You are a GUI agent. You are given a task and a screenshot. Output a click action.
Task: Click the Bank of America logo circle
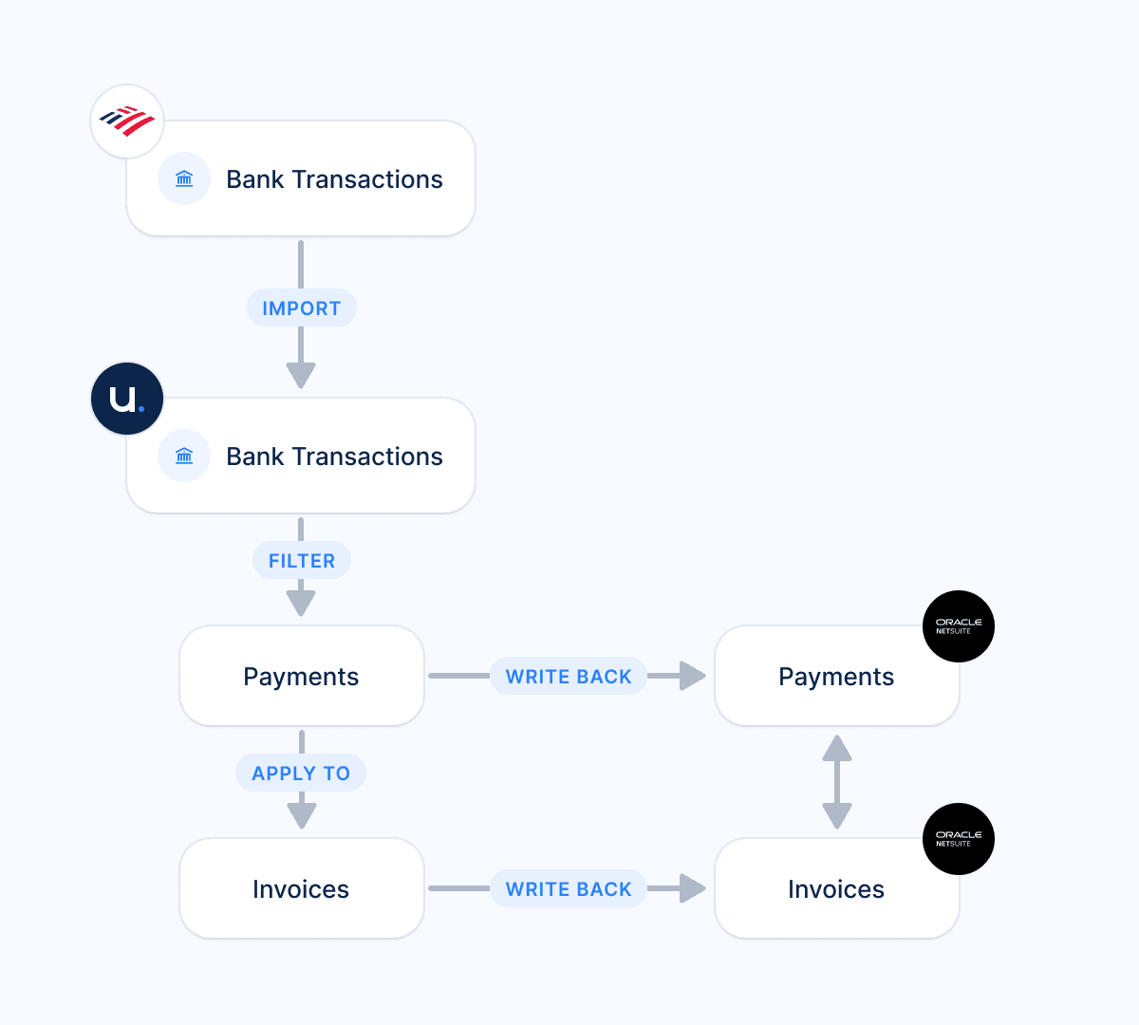pos(127,121)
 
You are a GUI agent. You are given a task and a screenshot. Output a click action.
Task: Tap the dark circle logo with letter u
pos(127,399)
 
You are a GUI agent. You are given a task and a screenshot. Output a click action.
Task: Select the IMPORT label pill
pos(302,308)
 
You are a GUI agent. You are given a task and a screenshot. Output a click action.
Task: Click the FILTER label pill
pos(302,561)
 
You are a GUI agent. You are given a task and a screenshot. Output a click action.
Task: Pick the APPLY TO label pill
pos(301,773)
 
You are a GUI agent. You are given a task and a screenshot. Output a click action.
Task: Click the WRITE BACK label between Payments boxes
pos(569,677)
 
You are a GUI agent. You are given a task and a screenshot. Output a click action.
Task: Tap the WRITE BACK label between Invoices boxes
pos(569,889)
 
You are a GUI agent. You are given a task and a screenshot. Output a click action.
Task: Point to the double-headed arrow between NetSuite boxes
pos(836,782)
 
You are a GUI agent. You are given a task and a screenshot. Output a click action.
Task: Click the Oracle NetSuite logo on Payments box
pos(959,626)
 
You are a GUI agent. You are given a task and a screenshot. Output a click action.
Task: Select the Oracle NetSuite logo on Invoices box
pos(959,839)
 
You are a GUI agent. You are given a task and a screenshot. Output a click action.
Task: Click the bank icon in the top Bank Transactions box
pos(184,179)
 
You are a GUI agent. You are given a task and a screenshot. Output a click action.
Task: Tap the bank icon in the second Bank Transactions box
pos(184,457)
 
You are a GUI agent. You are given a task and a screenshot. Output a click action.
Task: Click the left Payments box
pos(301,677)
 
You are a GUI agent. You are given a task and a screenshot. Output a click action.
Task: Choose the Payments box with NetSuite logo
pos(836,677)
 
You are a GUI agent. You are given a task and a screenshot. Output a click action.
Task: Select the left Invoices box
pos(301,889)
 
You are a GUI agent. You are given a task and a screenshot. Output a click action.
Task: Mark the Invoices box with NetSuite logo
pos(836,889)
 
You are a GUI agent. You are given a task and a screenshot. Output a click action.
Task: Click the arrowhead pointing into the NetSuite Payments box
pos(693,677)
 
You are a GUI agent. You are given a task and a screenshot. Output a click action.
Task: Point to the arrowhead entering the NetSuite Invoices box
pos(693,889)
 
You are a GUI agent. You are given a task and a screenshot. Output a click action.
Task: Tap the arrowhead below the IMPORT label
pos(301,374)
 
